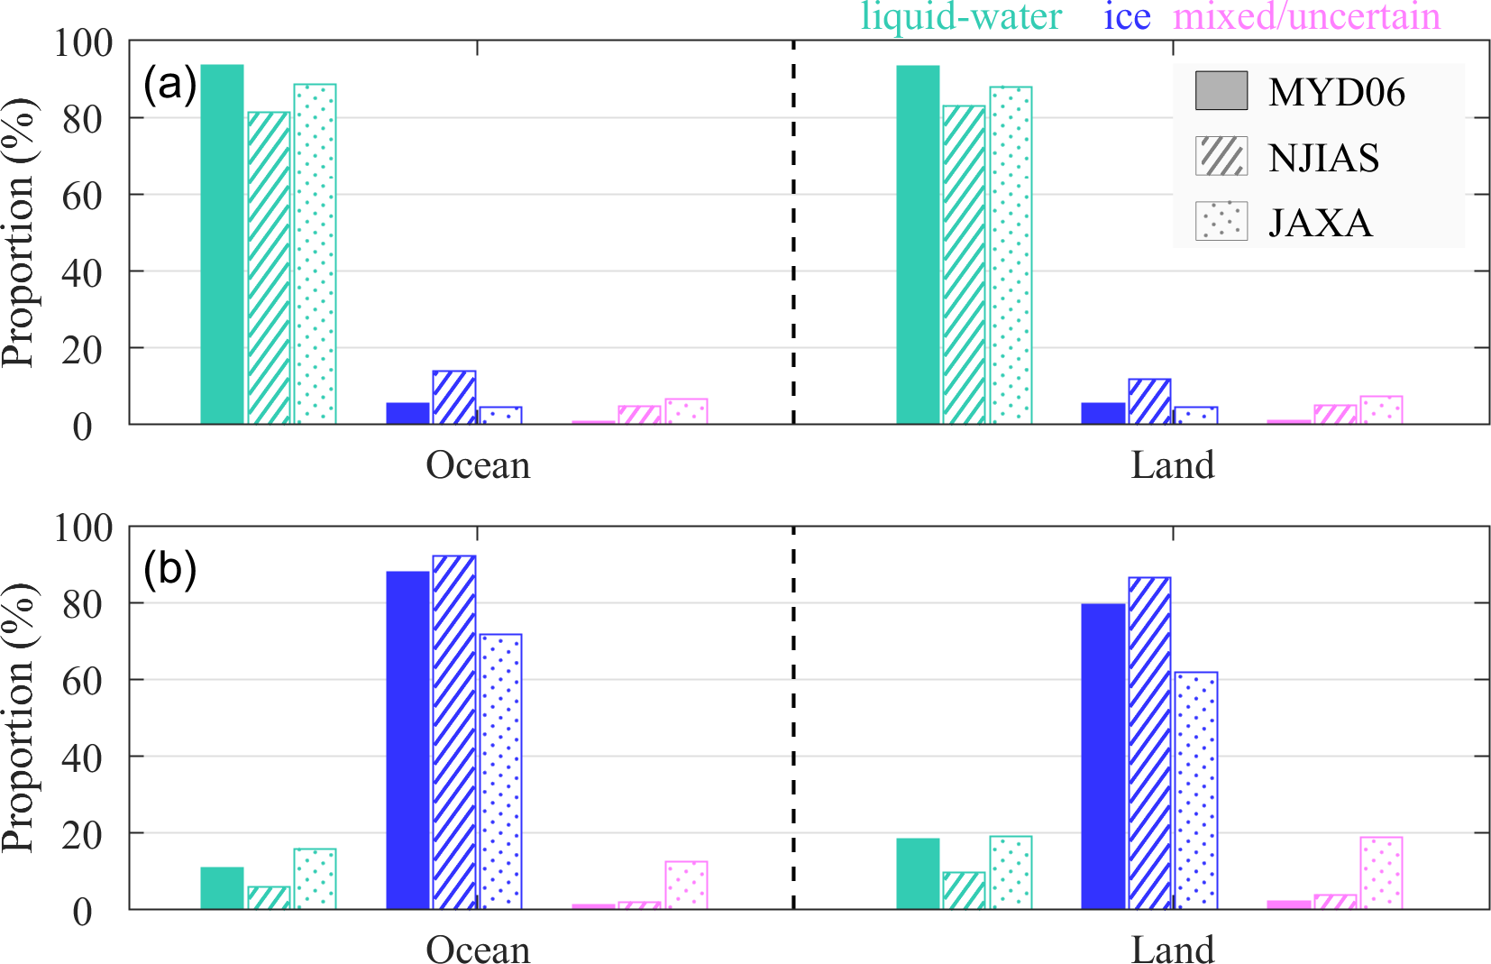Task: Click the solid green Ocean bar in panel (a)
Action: (222, 244)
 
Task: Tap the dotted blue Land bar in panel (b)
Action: (1195, 790)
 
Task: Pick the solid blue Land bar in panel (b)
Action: (1102, 757)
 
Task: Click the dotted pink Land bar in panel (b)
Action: (1381, 873)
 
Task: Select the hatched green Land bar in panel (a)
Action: (964, 265)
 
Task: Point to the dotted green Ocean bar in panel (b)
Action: (315, 878)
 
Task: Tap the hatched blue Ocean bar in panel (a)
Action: (453, 397)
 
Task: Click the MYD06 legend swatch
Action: (1221, 91)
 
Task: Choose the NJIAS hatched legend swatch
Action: (1221, 156)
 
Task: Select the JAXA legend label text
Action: (1320, 223)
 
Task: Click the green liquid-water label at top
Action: (961, 17)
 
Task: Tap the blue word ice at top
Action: (1127, 17)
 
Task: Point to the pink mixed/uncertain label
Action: (1306, 17)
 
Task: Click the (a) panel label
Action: (169, 86)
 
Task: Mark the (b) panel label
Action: (169, 570)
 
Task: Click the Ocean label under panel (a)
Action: (478, 465)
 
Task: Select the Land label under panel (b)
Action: (1173, 950)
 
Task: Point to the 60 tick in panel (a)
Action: (82, 196)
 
